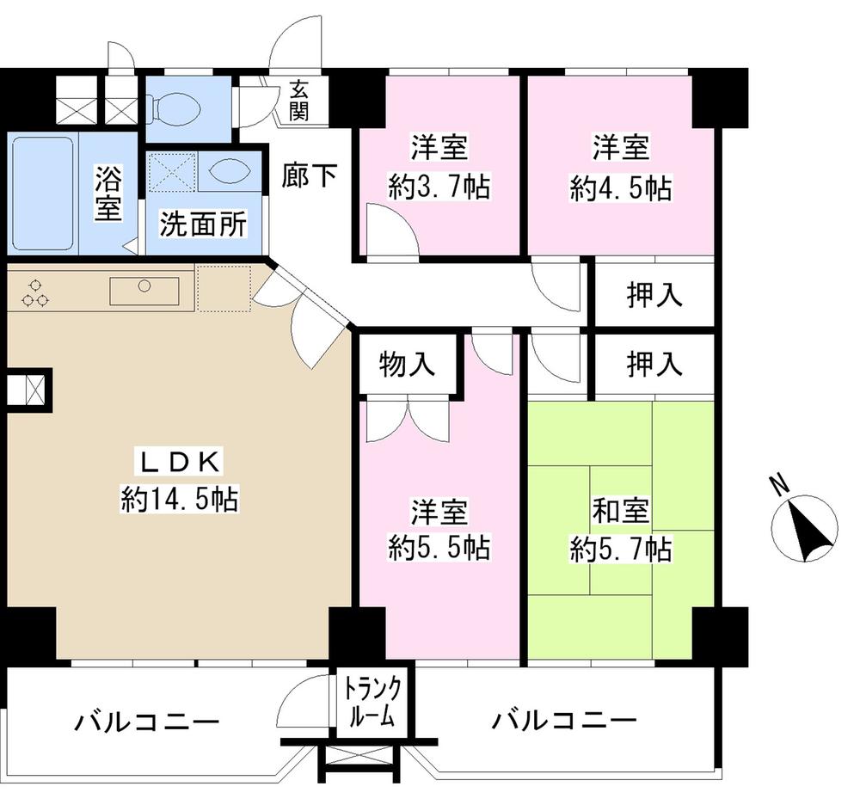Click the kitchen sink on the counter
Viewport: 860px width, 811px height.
144,290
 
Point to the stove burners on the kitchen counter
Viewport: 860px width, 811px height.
35,292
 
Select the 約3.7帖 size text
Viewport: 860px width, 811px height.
439,187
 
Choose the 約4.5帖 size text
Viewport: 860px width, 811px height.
620,187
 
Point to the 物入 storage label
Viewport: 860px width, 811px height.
407,365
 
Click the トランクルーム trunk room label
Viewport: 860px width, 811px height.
372,702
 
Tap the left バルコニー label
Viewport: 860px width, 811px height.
146,719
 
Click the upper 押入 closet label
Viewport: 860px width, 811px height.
654,295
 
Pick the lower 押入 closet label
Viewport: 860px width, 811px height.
654,365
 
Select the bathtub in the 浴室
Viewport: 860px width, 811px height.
43,194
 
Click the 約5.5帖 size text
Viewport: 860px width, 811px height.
439,548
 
